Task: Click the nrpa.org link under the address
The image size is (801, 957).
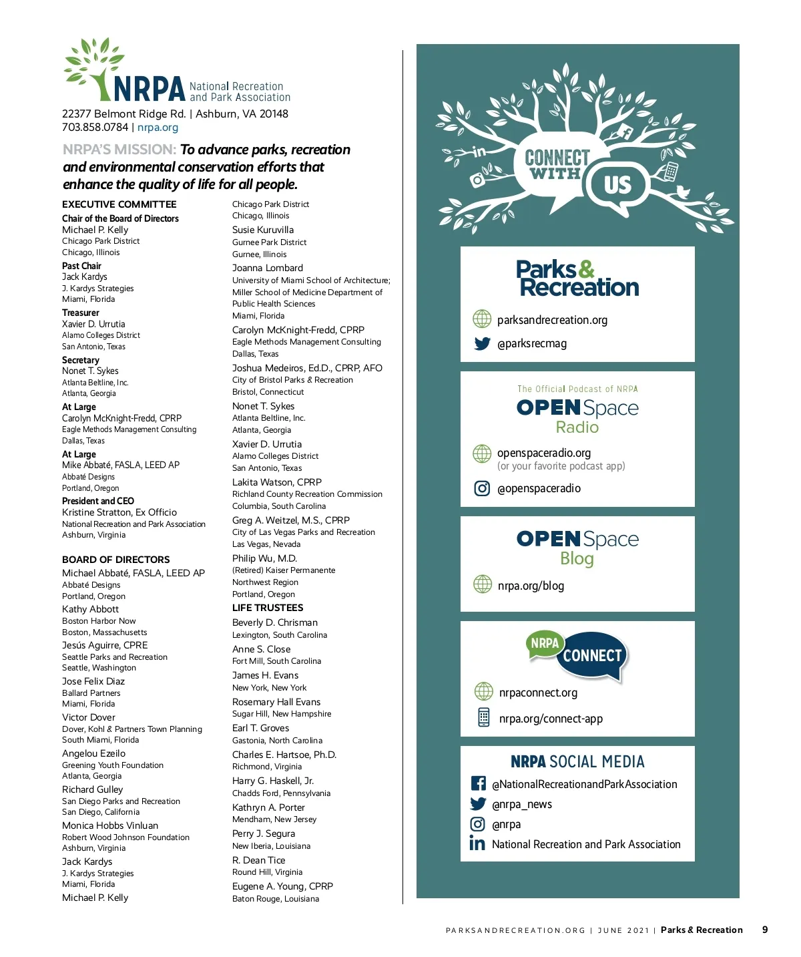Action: point(158,128)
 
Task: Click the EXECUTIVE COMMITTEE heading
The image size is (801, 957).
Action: point(119,204)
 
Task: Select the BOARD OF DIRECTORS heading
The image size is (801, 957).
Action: point(116,560)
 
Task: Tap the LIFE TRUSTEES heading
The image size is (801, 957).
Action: point(268,608)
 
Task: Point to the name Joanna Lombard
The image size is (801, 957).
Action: point(268,268)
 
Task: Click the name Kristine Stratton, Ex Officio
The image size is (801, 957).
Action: point(119,512)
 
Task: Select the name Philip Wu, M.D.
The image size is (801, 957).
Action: point(264,558)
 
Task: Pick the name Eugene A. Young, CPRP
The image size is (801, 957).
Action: point(282,886)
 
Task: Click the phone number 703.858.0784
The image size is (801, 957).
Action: point(95,128)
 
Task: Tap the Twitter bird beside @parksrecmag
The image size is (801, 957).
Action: point(482,344)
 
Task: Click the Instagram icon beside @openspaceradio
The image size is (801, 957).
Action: point(482,488)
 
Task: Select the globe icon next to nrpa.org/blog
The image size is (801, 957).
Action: point(482,584)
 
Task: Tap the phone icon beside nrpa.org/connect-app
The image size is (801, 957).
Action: point(483,718)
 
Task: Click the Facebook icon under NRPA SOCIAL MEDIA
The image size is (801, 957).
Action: point(478,783)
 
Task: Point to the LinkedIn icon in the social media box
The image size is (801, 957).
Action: point(477,844)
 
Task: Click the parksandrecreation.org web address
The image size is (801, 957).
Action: point(552,320)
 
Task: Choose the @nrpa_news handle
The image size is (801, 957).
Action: point(522,804)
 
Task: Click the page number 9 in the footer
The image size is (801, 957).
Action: point(765,930)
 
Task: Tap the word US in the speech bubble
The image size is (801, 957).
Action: point(617,184)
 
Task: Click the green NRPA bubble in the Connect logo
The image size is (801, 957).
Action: point(545,643)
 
